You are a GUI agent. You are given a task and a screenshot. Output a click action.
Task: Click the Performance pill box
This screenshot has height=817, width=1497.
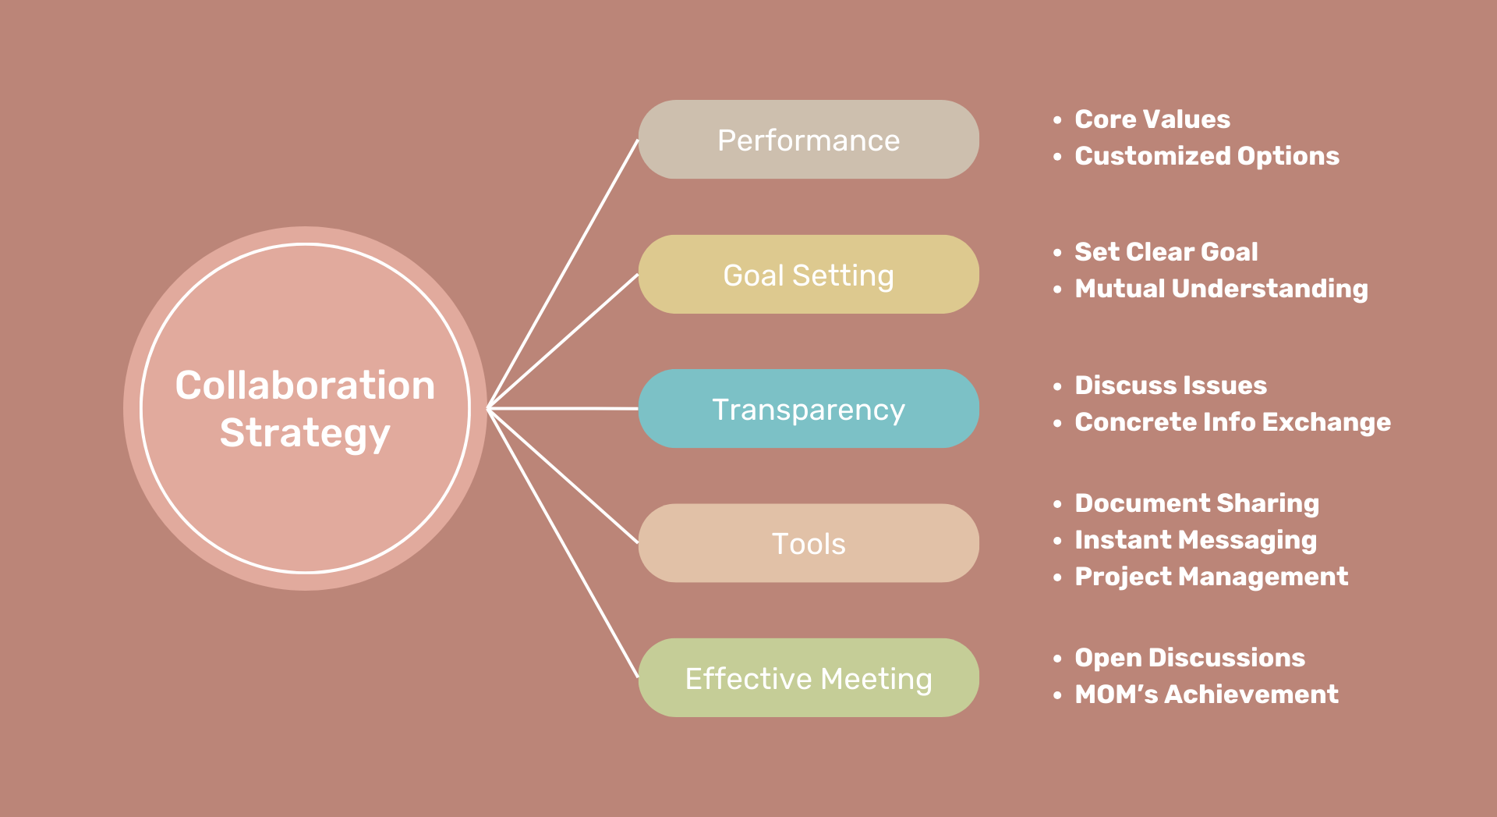coord(809,140)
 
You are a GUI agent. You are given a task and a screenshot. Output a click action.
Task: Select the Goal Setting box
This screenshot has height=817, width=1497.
coord(809,275)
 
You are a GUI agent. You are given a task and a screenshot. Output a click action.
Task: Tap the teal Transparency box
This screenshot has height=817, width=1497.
coord(809,409)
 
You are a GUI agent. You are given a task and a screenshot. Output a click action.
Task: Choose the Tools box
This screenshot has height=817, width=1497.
coord(809,543)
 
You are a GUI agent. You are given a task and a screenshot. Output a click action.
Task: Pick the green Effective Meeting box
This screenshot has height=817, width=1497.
coord(809,678)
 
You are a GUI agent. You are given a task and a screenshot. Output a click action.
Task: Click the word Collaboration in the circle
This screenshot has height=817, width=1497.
coord(305,385)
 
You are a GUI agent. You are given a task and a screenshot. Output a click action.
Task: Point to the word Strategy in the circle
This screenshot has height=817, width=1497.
coord(305,434)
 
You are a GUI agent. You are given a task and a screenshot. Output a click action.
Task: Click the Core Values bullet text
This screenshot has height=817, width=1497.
coord(1152,119)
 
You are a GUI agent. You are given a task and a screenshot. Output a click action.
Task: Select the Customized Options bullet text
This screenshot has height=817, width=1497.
coord(1207,156)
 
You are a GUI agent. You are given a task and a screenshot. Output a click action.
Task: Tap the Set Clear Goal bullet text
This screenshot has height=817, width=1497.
coord(1166,252)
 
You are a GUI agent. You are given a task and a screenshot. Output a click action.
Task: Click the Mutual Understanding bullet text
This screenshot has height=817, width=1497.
coord(1221,289)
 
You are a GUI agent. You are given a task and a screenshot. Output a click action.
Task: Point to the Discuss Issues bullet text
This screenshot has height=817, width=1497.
coord(1170,385)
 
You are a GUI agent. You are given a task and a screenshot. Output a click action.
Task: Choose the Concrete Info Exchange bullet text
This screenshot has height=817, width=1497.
coord(1233,422)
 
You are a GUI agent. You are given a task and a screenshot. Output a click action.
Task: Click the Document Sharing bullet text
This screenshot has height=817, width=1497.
coord(1197,503)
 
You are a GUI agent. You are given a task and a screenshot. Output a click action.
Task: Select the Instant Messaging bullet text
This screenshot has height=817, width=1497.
coord(1195,540)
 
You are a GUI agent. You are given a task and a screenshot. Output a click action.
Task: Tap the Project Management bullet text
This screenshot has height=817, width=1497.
coord(1211,577)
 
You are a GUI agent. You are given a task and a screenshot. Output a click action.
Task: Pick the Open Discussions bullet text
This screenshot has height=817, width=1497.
coord(1190,658)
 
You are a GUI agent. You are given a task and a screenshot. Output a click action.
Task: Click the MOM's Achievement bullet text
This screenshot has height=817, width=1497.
coord(1206,694)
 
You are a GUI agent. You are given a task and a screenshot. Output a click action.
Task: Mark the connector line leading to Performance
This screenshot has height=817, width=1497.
coord(563,274)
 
